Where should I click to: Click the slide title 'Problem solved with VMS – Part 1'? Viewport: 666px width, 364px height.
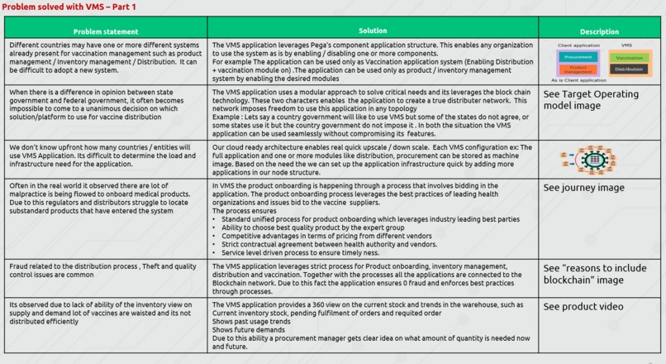pos(69,7)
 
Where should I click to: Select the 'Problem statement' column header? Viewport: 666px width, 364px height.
pos(105,31)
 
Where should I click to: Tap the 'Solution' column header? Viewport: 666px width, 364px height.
pos(373,31)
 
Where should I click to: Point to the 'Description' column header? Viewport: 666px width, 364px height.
pos(599,32)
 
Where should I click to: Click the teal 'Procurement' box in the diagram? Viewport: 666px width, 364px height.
pos(578,57)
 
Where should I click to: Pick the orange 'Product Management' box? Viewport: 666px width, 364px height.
pos(578,69)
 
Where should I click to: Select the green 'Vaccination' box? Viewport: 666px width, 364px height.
pos(630,58)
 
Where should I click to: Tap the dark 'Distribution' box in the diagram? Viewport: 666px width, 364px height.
pos(630,69)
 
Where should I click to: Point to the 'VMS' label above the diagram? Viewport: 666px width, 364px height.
pos(626,45)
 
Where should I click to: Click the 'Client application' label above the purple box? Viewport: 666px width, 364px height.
pos(578,45)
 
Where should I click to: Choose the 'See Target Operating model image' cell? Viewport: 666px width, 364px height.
pos(591,100)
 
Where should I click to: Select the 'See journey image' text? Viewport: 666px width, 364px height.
pos(583,188)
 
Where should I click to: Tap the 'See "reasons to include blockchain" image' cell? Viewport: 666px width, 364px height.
pos(595,274)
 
